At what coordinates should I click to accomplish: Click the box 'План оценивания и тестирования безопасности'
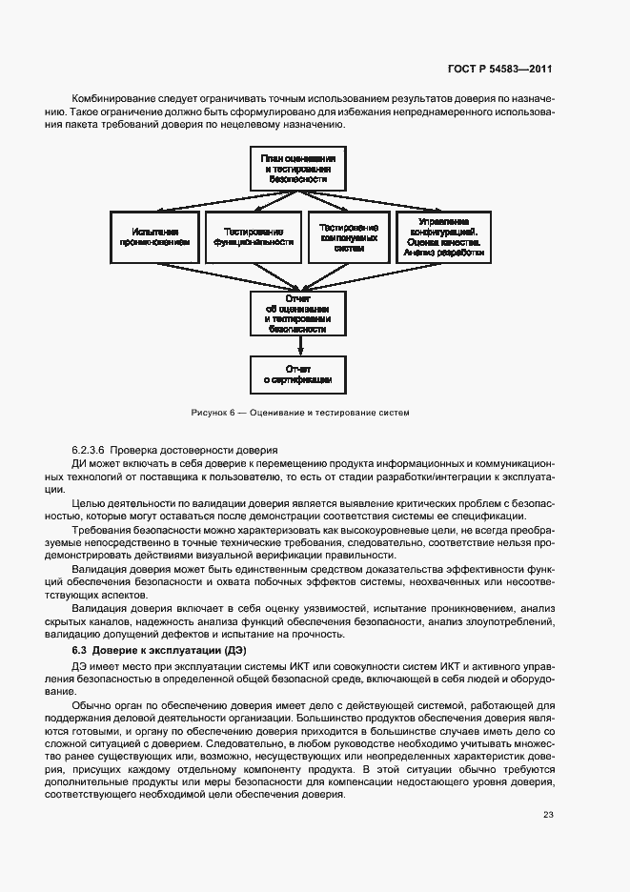[298, 168]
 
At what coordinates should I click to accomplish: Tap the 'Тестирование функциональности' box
[254, 236]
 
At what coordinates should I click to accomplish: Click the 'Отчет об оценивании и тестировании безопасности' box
[298, 314]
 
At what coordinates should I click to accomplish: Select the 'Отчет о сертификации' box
[298, 375]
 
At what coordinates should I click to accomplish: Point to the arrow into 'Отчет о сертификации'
[298, 347]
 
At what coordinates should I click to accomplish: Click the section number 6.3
[79, 650]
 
